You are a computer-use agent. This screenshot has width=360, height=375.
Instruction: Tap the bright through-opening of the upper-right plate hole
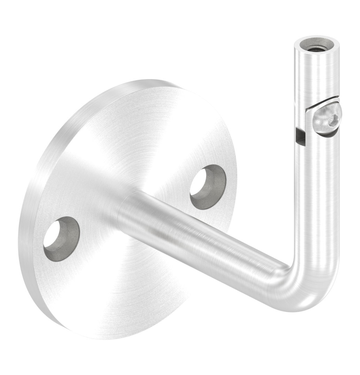pyautogui.click(x=202, y=184)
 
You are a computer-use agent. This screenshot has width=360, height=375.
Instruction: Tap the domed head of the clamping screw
pyautogui.click(x=326, y=120)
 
